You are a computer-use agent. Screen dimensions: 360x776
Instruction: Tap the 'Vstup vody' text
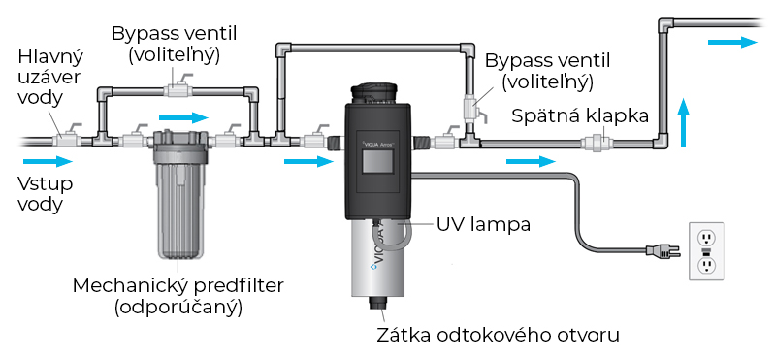click(44, 193)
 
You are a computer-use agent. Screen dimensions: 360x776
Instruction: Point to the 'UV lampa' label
click(482, 224)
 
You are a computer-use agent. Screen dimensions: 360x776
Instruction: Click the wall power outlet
click(706, 250)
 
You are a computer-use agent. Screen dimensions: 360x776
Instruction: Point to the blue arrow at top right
click(731, 42)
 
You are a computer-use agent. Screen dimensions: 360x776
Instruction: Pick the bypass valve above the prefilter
click(178, 91)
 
